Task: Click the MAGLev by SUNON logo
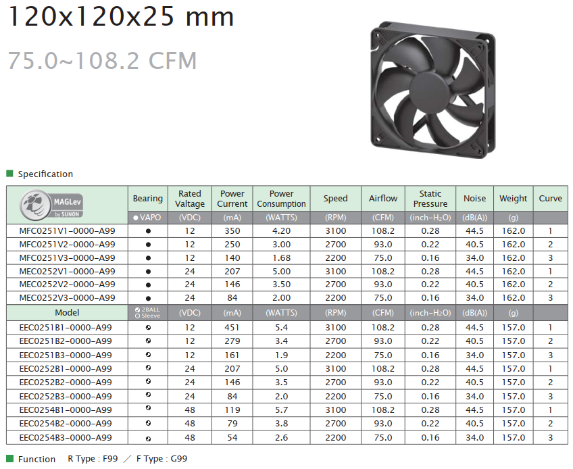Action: pos(51,205)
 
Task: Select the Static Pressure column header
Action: pos(430,199)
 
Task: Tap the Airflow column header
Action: pos(383,199)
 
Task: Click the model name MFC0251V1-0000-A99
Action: pos(68,231)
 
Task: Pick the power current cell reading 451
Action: pos(232,328)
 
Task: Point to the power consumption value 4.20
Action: pos(281,231)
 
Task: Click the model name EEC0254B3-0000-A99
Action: pos(66,437)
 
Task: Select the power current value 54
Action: pos(232,437)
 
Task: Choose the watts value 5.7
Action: pos(281,410)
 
